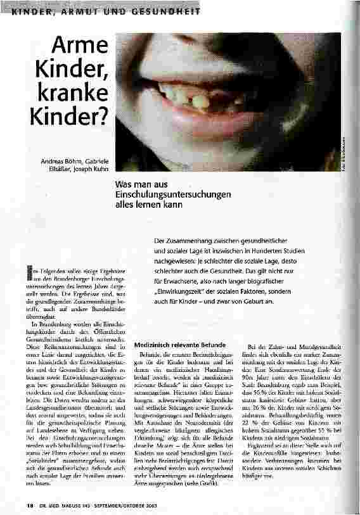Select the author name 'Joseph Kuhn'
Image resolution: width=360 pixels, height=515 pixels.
[x=91, y=168]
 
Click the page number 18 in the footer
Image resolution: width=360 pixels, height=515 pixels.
[x=13, y=505]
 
